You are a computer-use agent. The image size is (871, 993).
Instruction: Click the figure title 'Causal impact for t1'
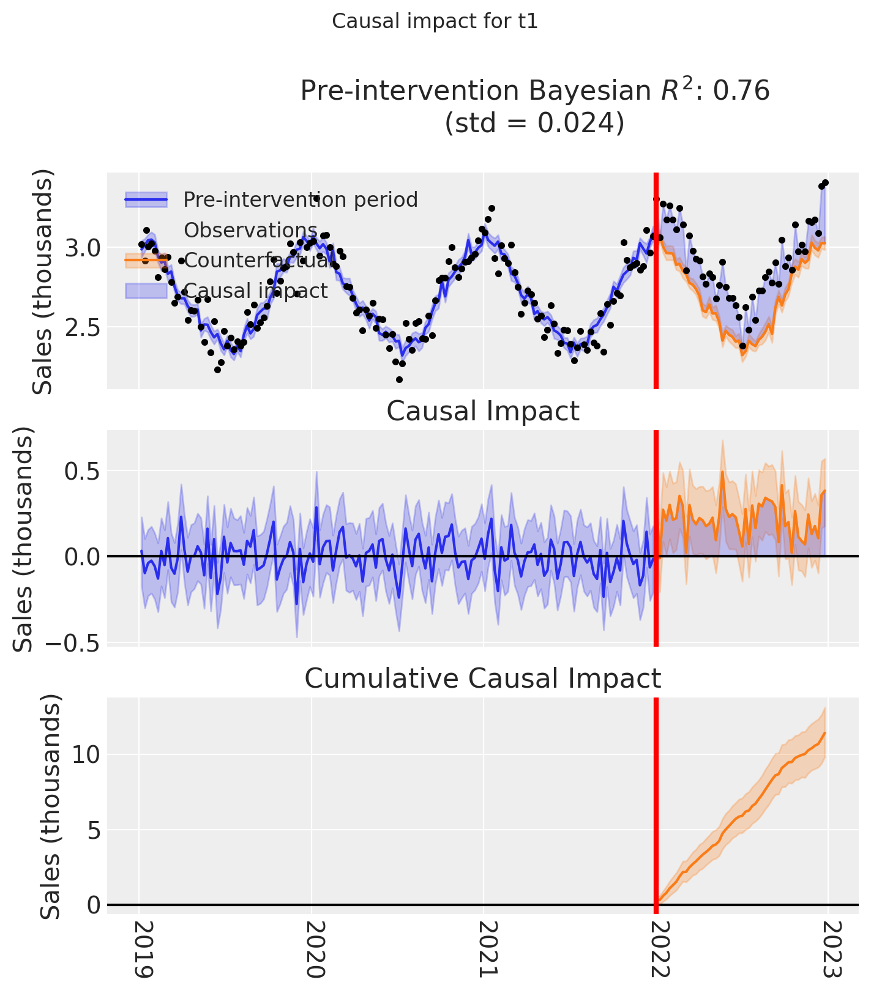point(435,21)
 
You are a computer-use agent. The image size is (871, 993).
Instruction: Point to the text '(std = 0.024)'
point(534,123)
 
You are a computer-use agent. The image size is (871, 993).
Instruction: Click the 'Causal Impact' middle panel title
point(483,412)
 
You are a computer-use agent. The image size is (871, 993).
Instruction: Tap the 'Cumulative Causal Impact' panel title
point(483,679)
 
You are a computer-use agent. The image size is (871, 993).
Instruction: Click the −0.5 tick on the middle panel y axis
point(65,643)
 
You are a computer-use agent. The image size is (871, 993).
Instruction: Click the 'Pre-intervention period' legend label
point(301,199)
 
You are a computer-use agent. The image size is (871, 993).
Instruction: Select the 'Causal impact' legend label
point(256,291)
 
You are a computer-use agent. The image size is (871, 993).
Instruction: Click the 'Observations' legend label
point(250,230)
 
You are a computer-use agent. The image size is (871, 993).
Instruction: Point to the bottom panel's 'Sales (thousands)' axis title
point(51,807)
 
